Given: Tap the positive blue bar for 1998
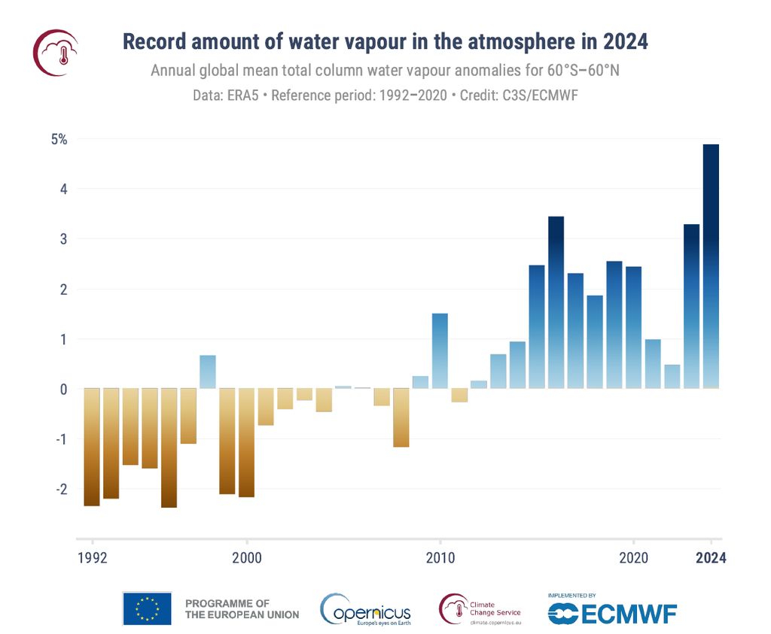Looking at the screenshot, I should tap(208, 372).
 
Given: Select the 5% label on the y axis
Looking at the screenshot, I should tap(59, 139).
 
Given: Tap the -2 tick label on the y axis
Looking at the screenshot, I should tap(59, 489).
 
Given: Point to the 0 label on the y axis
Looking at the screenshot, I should tap(64, 389).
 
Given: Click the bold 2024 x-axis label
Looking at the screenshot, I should tap(710, 558).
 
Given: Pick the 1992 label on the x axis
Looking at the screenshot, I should tap(93, 558).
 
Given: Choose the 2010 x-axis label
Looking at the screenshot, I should tap(440, 558).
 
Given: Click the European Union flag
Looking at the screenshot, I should tap(147, 608).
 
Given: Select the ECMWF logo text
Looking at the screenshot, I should tap(628, 613).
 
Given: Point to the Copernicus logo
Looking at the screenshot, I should tap(366, 609).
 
